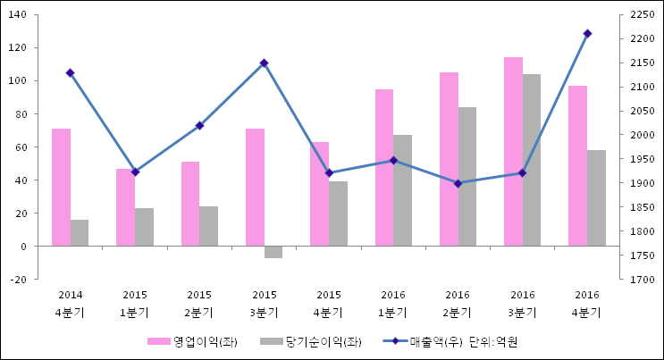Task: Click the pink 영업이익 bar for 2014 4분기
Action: click(61, 187)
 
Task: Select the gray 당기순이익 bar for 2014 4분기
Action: click(80, 232)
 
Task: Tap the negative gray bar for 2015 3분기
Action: click(273, 252)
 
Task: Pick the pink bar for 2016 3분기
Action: click(513, 151)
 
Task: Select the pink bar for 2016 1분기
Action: click(383, 167)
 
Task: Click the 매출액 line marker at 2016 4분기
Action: click(587, 34)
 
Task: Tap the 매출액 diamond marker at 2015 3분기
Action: click(264, 63)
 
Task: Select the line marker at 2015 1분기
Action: click(135, 172)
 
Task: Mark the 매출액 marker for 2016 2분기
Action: click(458, 183)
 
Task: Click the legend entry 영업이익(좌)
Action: click(192, 342)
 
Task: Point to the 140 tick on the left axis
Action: click(19, 15)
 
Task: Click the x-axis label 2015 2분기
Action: click(199, 304)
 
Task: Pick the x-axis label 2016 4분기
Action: click(587, 304)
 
